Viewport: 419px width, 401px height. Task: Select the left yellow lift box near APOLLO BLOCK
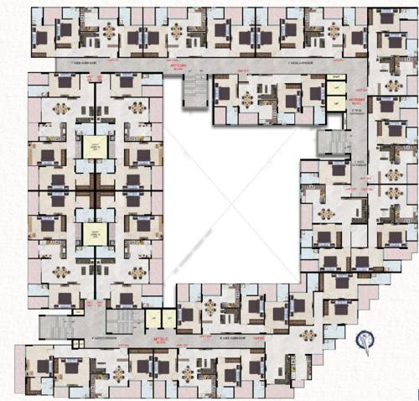[153, 318]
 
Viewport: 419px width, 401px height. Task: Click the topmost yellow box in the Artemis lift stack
[336, 80]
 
